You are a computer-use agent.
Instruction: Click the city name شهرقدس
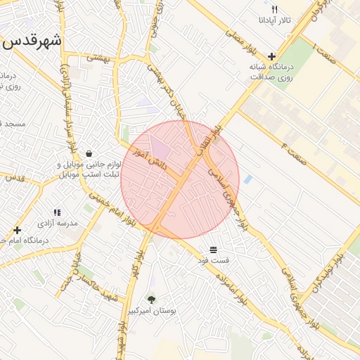pyautogui.click(x=32, y=40)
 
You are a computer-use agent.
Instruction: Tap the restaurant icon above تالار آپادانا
pyautogui.click(x=275, y=10)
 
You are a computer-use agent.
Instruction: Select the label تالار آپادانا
pyautogui.click(x=274, y=21)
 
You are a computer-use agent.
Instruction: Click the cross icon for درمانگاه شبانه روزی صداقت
pyautogui.click(x=271, y=56)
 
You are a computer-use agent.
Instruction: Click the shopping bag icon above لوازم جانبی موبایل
pyautogui.click(x=89, y=153)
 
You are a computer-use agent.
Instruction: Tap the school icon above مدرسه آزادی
pyautogui.click(x=57, y=212)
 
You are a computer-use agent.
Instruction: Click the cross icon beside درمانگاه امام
pyautogui.click(x=17, y=230)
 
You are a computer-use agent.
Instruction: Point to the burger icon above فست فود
pyautogui.click(x=213, y=250)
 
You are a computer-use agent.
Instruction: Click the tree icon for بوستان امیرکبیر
pyautogui.click(x=151, y=300)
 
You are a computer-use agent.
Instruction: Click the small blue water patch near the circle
pyautogui.click(x=248, y=179)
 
